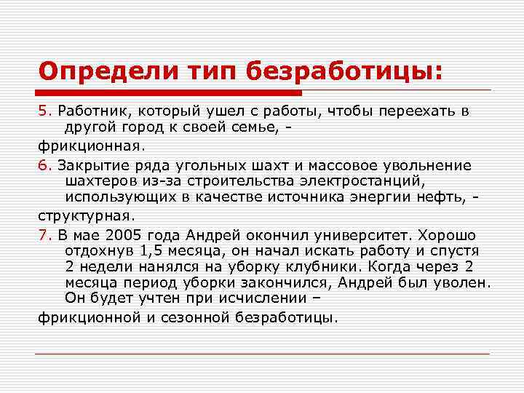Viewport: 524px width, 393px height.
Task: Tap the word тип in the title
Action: pos(202,71)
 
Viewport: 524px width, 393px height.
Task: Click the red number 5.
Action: pos(43,111)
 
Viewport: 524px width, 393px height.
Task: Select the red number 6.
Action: pos(43,165)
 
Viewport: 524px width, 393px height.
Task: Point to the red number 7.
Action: pos(43,236)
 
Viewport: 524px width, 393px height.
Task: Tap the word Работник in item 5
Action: pos(87,111)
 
